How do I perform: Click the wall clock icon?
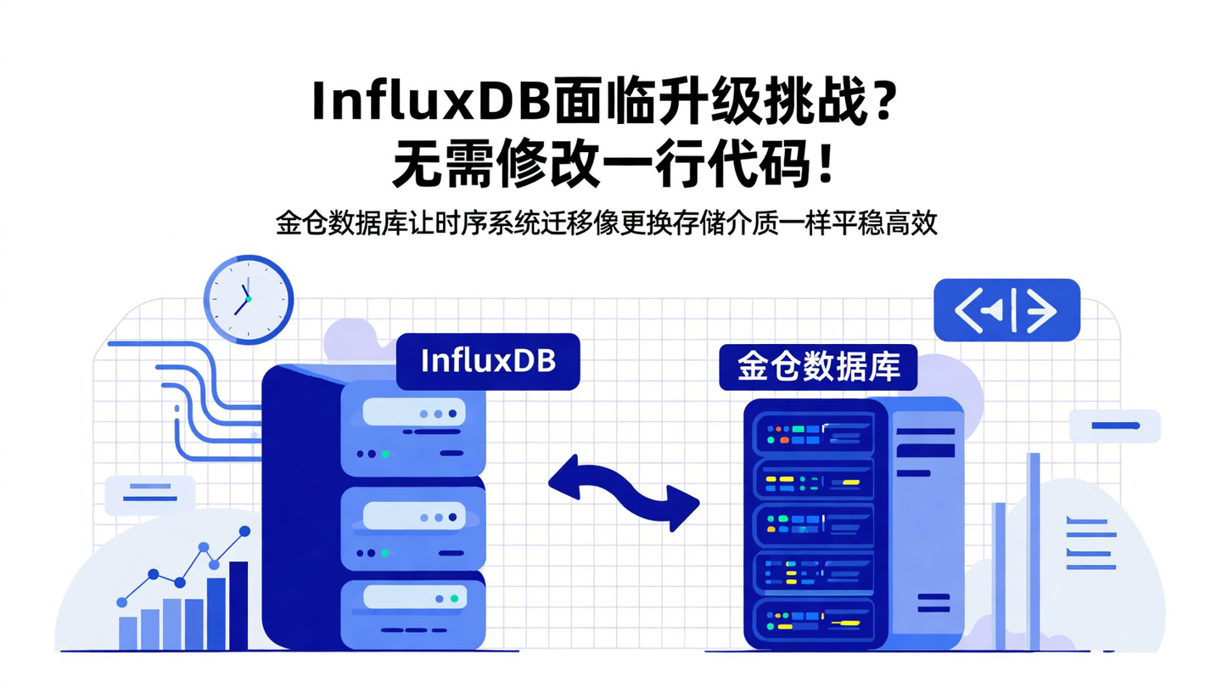pyautogui.click(x=248, y=300)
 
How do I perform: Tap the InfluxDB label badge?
pyautogui.click(x=488, y=362)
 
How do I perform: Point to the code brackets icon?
pyautogui.click(x=1006, y=310)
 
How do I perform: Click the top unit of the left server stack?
pyautogui.click(x=413, y=426)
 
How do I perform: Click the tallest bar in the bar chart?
pyautogui.click(x=238, y=605)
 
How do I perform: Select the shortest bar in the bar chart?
pyautogui.click(x=128, y=632)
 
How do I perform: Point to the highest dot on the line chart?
pyautogui.click(x=244, y=531)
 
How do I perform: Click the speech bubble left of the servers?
pyautogui.click(x=149, y=493)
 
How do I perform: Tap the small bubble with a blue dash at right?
pyautogui.click(x=1113, y=426)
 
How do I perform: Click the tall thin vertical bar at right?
pyautogui.click(x=1033, y=552)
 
